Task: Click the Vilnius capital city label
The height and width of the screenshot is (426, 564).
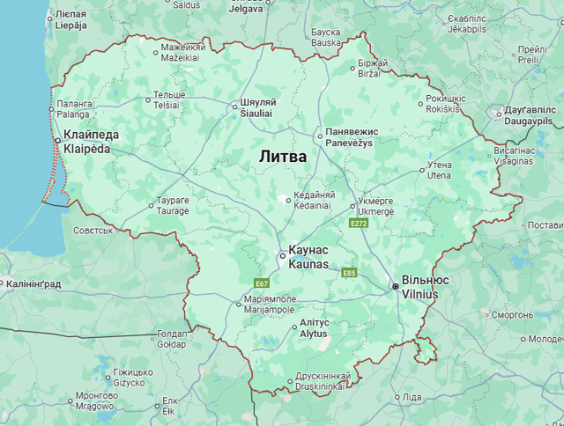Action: [426, 287]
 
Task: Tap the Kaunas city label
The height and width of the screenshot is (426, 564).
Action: [308, 257]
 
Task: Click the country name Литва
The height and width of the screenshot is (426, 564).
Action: [283, 157]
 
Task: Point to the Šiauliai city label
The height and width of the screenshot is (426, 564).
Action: [258, 106]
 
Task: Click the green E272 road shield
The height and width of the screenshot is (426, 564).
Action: [358, 224]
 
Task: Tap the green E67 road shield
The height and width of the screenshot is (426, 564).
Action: [262, 283]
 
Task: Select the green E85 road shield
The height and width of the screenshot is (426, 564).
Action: [349, 273]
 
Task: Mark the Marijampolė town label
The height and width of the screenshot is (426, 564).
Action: [270, 305]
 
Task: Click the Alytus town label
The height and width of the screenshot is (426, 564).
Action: [314, 329]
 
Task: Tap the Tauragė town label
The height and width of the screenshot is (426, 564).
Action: [173, 206]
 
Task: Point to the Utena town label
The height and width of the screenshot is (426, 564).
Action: [439, 170]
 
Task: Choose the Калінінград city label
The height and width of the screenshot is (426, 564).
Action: [33, 284]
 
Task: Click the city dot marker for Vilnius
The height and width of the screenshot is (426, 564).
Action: [395, 286]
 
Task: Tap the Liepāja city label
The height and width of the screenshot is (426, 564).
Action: [70, 20]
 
